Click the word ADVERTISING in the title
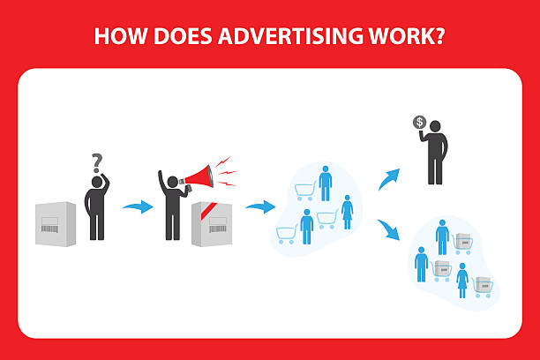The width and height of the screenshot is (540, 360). (290, 36)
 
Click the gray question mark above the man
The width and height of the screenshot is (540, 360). (97, 163)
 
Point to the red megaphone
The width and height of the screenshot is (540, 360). (199, 177)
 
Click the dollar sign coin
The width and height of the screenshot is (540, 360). (419, 123)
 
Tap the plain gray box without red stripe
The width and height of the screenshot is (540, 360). (56, 224)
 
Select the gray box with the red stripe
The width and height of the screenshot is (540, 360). (212, 224)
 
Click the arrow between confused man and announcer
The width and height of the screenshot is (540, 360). (139, 206)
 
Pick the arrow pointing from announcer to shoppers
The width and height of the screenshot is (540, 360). (260, 206)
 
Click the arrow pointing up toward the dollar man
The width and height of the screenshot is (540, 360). (389, 179)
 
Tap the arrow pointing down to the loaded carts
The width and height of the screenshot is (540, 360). (389, 229)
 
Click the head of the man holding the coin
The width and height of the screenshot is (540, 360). (435, 126)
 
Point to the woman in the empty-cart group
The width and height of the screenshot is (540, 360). (347, 213)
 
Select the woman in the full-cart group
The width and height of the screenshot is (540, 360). (462, 281)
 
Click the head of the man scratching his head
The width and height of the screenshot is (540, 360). (97, 183)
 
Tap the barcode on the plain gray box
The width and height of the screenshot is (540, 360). (49, 229)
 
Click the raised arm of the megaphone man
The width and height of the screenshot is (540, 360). (161, 183)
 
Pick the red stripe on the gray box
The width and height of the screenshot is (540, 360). (209, 211)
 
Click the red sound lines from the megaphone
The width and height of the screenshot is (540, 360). (227, 171)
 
